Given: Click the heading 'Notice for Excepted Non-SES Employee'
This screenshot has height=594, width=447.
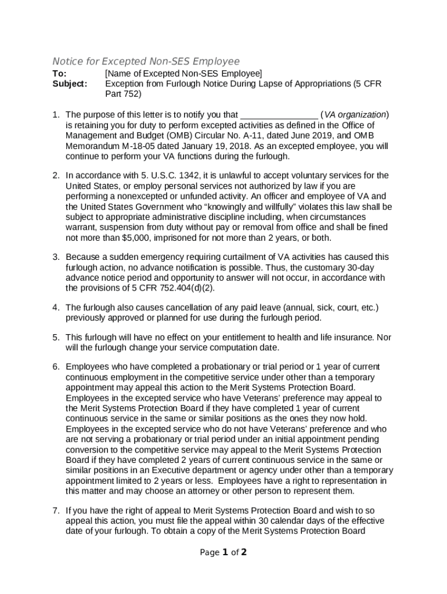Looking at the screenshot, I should [146, 61].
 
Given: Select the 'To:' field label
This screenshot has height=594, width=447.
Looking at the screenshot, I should [59, 74].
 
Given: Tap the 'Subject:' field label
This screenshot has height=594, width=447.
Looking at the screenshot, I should [70, 84].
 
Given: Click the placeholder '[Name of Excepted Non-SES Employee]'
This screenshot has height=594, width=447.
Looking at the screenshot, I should [183, 74].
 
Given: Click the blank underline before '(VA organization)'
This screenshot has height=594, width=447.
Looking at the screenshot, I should [279, 115].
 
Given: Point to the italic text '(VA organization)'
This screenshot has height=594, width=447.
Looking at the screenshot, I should [355, 115].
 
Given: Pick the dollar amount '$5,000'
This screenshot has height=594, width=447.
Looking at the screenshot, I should [138, 238].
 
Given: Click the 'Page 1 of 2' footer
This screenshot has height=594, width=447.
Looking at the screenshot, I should [223, 552].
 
